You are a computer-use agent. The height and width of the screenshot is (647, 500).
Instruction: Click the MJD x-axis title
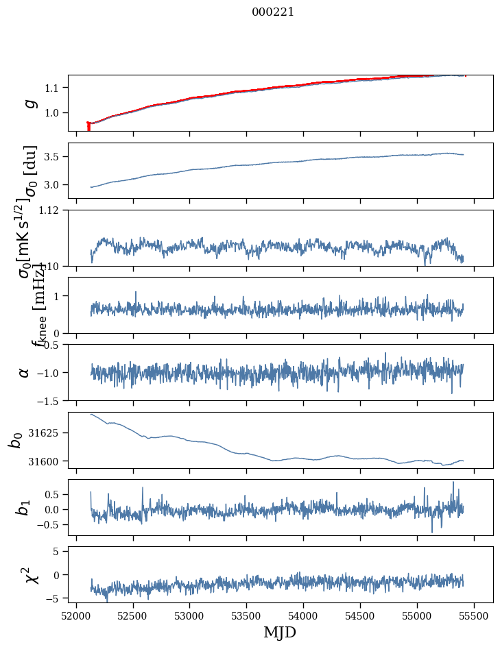[x=280, y=632]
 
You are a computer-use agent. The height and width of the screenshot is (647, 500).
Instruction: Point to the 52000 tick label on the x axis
[x=76, y=615]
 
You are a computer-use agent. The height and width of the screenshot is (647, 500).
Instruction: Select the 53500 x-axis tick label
[x=246, y=615]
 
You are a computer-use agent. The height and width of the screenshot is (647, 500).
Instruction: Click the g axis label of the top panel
[x=29, y=103]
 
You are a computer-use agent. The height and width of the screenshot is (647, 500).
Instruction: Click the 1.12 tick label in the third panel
[x=53, y=210]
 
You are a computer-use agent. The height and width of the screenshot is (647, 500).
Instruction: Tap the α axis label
[x=25, y=372]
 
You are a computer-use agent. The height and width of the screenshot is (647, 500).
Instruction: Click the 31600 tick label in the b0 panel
[x=48, y=461]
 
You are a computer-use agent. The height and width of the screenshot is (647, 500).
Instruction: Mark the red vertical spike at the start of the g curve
[x=88, y=127]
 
